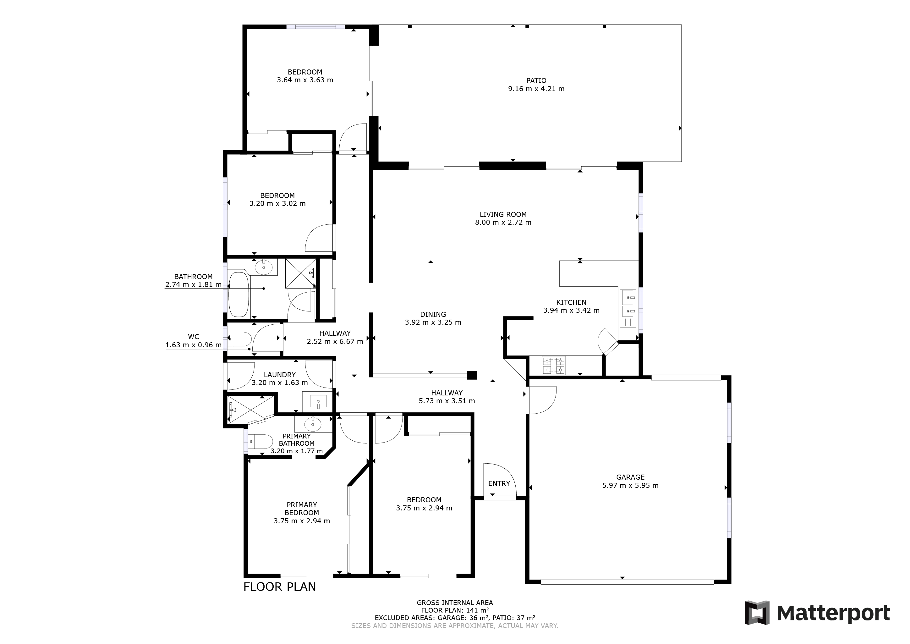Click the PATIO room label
(x=536, y=80)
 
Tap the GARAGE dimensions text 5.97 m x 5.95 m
(x=630, y=485)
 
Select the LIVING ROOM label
(x=503, y=215)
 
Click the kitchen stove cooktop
(x=554, y=365)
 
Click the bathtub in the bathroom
(x=239, y=294)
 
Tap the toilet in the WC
(x=239, y=339)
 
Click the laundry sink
(x=318, y=402)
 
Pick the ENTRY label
(x=499, y=483)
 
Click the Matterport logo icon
(x=757, y=613)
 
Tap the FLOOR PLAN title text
(x=279, y=587)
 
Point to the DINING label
(x=433, y=315)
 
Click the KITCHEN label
(x=571, y=303)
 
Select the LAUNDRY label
(x=280, y=375)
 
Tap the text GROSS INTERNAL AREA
(x=455, y=603)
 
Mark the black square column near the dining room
(x=472, y=375)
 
